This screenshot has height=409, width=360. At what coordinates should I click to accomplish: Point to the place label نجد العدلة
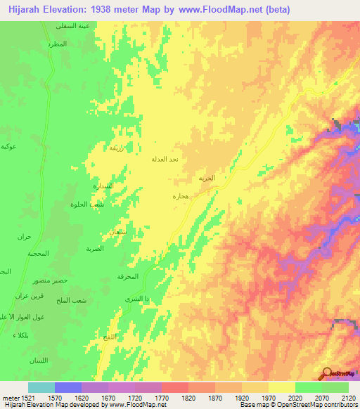click(165, 160)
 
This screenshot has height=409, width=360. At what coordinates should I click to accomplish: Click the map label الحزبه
click(206, 178)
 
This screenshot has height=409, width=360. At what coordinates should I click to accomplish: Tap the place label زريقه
click(117, 148)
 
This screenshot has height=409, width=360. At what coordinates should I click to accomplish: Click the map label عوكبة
click(9, 146)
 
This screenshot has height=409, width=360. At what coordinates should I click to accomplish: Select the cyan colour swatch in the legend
click(41, 387)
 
